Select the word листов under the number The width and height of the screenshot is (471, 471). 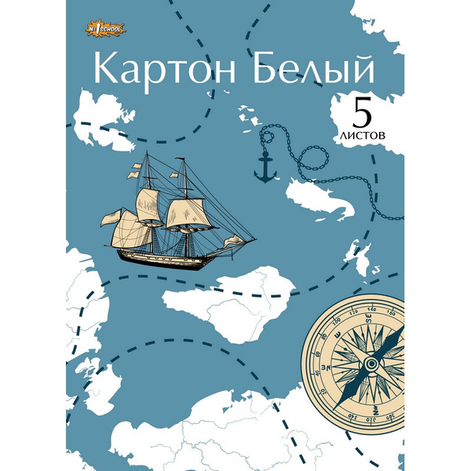(363, 134)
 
